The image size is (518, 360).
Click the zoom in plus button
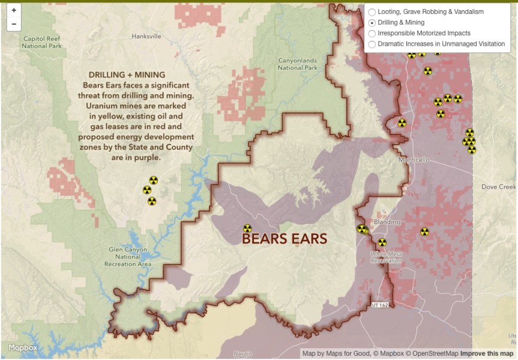(14, 10)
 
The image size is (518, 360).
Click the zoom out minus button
(14, 25)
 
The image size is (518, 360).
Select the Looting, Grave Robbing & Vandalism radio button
(372, 12)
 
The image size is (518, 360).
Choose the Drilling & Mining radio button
(372, 23)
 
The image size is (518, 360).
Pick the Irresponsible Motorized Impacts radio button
(372, 34)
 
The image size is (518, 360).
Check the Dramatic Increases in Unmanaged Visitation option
(372, 44)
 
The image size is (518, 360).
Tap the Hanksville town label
(146, 37)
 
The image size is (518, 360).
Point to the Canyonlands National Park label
(298, 64)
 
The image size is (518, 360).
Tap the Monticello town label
(415, 160)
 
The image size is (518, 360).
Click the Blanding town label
(387, 222)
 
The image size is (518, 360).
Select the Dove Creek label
(498, 187)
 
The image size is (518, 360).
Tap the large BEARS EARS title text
(285, 238)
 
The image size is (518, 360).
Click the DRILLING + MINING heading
(127, 75)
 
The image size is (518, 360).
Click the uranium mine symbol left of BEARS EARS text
(247, 229)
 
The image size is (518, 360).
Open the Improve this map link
(487, 353)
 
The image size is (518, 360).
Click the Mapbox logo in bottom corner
(23, 348)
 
